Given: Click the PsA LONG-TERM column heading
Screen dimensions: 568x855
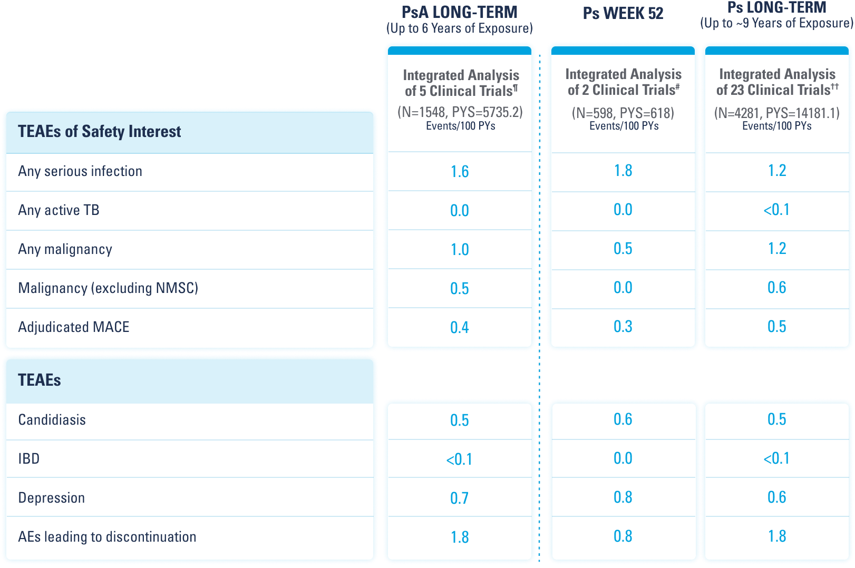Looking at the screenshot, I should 459,12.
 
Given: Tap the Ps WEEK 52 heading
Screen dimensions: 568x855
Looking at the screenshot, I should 623,13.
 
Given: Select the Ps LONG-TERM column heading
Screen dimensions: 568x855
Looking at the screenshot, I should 776,8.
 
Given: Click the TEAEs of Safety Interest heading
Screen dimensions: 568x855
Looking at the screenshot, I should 99,131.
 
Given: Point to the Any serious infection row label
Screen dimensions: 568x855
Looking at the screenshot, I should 80,171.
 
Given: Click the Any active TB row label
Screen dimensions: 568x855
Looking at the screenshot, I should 59,210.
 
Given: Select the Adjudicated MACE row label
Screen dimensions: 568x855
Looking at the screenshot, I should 74,327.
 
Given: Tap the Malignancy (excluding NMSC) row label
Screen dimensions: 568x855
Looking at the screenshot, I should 108,288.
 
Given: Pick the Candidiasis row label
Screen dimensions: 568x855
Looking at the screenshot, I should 52,420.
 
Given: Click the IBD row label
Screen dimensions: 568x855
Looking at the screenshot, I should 29,459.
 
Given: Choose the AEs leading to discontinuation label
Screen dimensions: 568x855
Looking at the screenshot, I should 107,537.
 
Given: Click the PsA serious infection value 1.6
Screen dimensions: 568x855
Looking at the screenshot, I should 460,172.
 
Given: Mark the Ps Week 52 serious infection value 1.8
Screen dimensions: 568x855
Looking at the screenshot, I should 623,171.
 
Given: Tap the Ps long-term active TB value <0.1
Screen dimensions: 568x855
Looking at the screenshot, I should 776,210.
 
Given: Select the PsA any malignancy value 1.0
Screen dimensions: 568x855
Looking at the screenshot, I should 460,250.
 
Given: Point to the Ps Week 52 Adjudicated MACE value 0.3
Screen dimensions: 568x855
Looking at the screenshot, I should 623,327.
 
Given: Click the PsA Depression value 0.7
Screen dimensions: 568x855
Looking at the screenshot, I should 460,498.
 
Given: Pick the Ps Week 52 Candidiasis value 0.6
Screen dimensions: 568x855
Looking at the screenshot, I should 623,419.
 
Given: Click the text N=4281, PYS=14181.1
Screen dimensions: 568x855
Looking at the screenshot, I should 776,113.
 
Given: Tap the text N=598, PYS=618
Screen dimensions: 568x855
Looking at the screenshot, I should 623,113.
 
